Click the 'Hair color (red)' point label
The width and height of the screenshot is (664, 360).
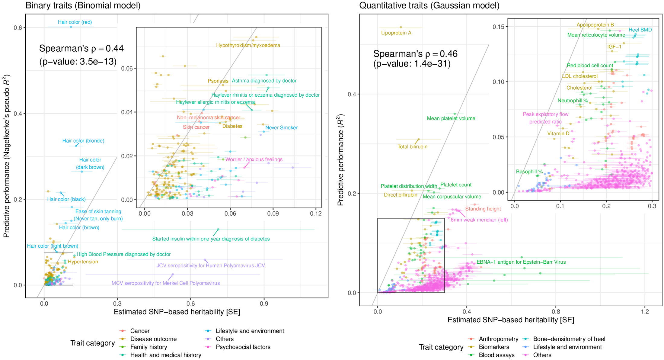point(75,22)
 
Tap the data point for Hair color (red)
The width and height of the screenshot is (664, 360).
point(71,27)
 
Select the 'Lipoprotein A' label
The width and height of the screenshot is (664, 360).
point(396,33)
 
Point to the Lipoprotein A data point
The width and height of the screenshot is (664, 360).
point(401,27)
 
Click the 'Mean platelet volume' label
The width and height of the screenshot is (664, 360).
point(451,118)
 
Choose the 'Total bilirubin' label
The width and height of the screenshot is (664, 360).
point(412,147)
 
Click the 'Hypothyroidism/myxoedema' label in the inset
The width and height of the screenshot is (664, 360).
point(248,45)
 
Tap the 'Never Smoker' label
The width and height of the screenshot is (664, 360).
point(281,128)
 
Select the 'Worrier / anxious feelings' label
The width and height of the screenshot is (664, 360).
point(254,159)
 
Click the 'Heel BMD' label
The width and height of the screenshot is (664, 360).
point(640,30)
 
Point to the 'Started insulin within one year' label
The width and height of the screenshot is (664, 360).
point(211,239)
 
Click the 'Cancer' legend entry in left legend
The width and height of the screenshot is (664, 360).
point(140,331)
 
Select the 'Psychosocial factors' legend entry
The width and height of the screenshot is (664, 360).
point(243,347)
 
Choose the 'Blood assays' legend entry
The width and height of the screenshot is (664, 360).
point(496,355)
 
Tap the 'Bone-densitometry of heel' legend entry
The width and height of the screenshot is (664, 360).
point(569,339)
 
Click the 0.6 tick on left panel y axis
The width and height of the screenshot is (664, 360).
point(18,28)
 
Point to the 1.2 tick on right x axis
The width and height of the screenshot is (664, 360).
point(645,312)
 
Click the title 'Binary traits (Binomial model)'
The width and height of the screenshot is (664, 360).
point(83,5)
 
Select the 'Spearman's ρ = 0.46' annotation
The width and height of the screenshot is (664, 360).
point(415,54)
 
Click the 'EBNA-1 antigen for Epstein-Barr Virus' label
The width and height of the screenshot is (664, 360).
point(521,262)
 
